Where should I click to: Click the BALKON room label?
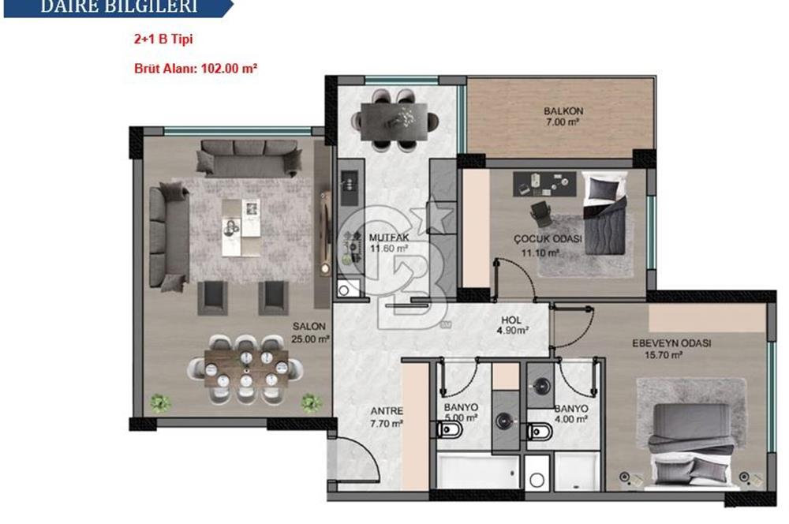[x=563, y=111]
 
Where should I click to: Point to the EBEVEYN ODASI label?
[x=671, y=343]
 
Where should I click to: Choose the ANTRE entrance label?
[x=387, y=411]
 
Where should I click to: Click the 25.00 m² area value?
[x=311, y=338]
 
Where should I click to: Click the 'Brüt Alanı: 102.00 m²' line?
[x=196, y=69]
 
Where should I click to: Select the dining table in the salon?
[x=245, y=365]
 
